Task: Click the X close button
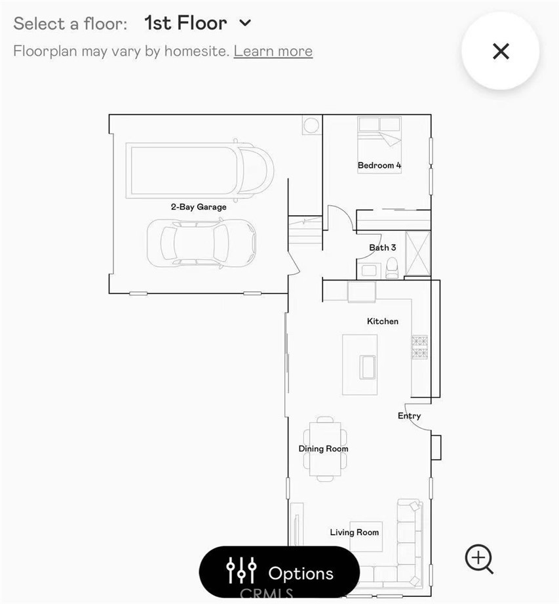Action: (501, 51)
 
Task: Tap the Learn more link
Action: (273, 51)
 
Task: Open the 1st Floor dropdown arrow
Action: (245, 23)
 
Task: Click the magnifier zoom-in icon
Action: (479, 559)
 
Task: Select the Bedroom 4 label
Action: (379, 165)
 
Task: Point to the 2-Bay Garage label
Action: (199, 207)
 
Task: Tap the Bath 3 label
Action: (382, 247)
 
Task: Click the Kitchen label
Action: (383, 321)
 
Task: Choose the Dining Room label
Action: (323, 449)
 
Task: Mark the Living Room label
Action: (354, 533)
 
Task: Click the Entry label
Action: (409, 416)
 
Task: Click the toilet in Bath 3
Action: (392, 268)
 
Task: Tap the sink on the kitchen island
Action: (367, 367)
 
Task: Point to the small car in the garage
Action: (201, 243)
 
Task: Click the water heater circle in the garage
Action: (311, 125)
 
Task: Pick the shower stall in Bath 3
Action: (418, 254)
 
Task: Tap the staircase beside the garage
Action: (305, 230)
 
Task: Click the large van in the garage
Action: (200, 169)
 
